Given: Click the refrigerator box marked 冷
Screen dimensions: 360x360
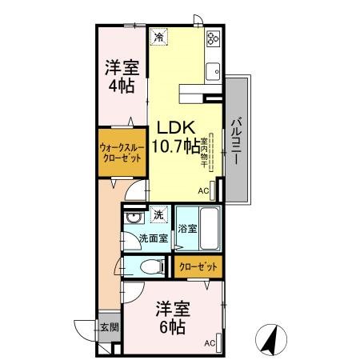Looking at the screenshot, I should [x=159, y=37].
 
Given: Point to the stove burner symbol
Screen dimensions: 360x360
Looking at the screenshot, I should [x=213, y=38].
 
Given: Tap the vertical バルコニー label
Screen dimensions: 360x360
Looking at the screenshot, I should [x=237, y=140].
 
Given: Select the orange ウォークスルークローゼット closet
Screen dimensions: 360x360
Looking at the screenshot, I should [x=122, y=153].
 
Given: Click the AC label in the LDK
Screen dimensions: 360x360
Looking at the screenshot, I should [x=202, y=190].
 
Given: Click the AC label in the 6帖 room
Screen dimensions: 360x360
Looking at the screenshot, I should [x=210, y=343].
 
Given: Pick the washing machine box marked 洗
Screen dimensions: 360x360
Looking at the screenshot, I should [x=158, y=214].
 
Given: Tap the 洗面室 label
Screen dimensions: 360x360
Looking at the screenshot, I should [x=152, y=238].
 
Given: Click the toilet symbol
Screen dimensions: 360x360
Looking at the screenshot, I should [x=150, y=265].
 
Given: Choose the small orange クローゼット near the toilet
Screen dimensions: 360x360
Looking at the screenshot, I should [x=196, y=266].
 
